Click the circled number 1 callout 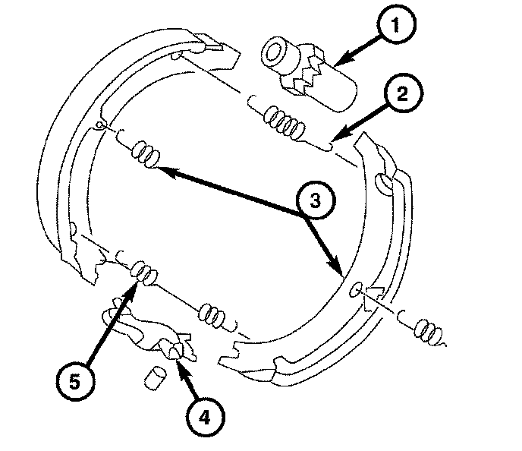[393, 27]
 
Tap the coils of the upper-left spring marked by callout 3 [144, 152]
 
